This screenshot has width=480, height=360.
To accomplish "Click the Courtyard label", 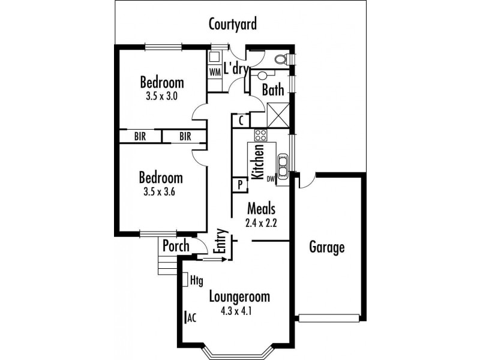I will click(x=233, y=25).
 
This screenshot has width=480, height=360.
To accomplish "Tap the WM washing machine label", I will click(x=215, y=71).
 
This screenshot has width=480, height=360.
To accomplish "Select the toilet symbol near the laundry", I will click(x=280, y=59).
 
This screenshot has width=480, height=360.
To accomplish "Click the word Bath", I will click(x=272, y=91).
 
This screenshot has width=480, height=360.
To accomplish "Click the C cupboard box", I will click(x=240, y=120).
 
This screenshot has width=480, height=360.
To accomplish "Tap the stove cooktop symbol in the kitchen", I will click(x=260, y=135).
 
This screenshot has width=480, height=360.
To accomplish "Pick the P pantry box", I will click(x=239, y=185).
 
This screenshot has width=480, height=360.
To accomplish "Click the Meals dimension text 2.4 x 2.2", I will click(x=261, y=224).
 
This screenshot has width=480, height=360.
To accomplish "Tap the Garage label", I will click(x=327, y=247).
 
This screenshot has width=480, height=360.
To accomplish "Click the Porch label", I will click(x=176, y=246).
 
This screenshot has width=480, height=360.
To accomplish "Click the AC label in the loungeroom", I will click(x=192, y=318).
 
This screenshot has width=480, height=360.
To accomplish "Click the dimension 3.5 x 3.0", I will click(x=162, y=95).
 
